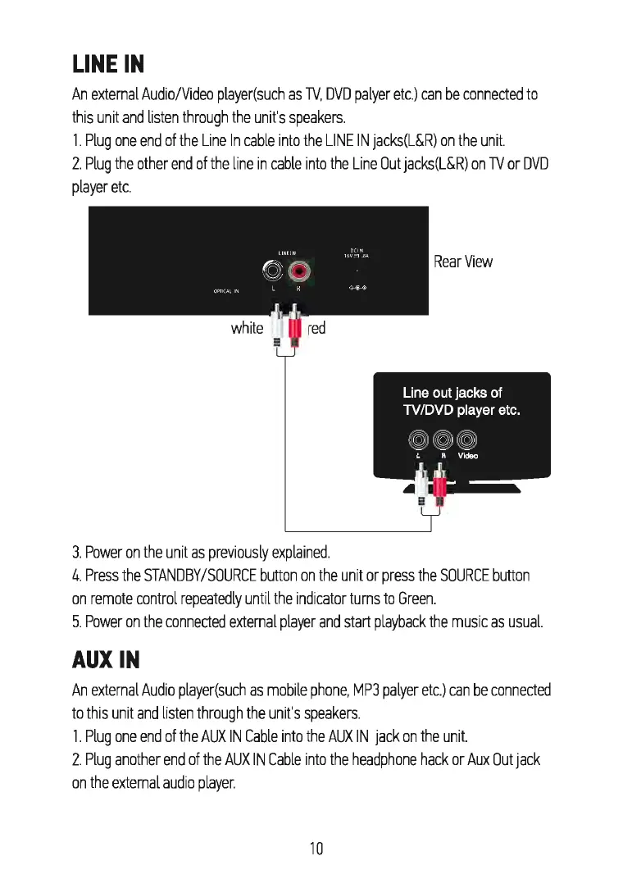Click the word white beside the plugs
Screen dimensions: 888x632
click(x=247, y=328)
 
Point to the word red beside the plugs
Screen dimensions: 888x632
click(x=316, y=328)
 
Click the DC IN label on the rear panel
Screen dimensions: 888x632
click(x=357, y=252)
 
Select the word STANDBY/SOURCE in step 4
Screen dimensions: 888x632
click(x=204, y=575)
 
